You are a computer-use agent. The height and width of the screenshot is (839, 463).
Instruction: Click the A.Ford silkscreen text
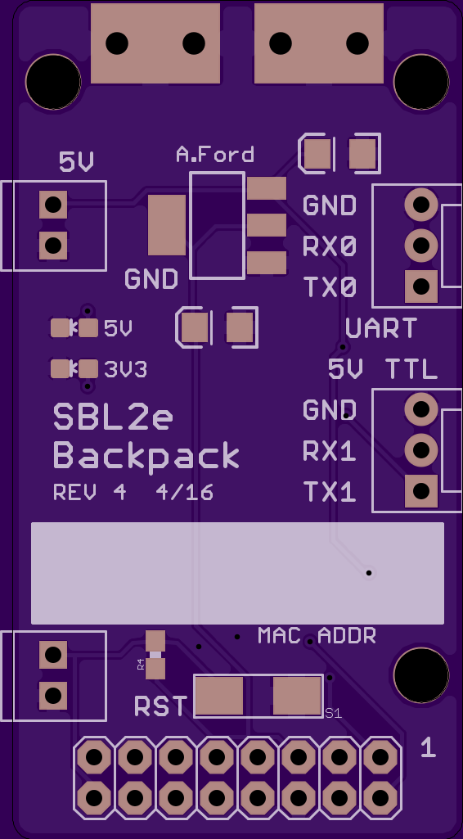(215, 155)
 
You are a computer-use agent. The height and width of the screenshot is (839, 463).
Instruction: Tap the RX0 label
(330, 246)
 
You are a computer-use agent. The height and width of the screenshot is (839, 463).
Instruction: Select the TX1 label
(330, 492)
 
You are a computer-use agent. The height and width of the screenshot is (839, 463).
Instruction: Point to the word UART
(381, 328)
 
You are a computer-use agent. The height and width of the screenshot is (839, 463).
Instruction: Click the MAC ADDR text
(317, 636)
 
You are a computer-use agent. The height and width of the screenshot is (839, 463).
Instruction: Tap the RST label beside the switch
(161, 706)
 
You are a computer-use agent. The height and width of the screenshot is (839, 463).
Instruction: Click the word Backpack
(146, 457)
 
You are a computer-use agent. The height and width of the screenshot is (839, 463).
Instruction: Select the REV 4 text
(90, 492)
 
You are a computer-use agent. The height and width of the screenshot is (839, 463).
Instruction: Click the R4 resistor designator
(141, 665)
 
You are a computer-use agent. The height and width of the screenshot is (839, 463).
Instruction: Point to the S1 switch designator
(333, 713)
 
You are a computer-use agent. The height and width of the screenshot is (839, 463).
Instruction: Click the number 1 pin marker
(429, 747)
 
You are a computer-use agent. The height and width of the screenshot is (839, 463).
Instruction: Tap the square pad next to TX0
(421, 286)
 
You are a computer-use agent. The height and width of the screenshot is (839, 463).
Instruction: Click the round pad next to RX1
(421, 450)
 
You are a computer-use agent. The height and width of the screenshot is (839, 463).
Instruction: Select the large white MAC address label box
(237, 573)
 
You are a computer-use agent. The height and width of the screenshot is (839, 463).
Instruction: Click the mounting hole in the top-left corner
(53, 82)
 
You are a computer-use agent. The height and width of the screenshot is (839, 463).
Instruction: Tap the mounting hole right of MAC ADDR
(421, 674)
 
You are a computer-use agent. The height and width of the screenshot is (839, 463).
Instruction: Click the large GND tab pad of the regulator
(167, 225)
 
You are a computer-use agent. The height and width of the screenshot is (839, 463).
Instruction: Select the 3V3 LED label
(126, 370)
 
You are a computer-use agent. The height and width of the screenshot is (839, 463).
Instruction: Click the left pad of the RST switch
(218, 696)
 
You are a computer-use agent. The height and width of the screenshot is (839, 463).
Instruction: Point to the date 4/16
(184, 492)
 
